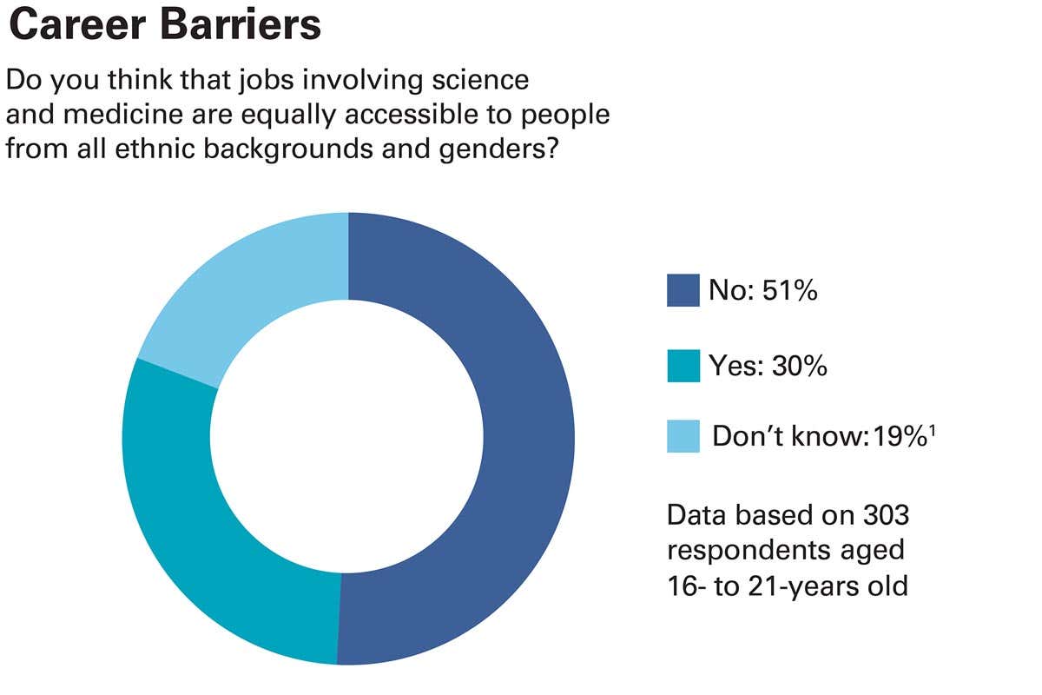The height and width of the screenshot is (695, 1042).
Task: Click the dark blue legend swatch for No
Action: (683, 291)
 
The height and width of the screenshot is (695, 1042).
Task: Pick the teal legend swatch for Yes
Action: (683, 366)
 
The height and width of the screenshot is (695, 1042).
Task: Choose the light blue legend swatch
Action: (683, 436)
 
